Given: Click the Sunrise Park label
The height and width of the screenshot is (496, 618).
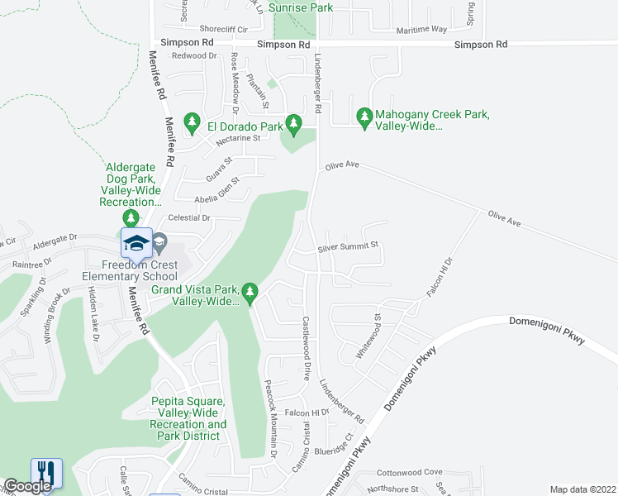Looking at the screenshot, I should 303,7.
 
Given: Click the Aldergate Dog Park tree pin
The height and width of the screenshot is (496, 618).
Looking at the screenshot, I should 131,217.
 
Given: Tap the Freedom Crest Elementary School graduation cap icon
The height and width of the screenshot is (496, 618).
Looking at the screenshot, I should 136,242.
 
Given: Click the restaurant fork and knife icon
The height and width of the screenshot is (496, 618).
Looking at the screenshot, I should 46,474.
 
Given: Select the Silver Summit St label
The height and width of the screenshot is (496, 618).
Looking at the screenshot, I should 348,246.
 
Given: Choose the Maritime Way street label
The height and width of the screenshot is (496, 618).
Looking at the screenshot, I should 421,29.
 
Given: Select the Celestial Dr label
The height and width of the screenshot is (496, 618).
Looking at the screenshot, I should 189,217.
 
